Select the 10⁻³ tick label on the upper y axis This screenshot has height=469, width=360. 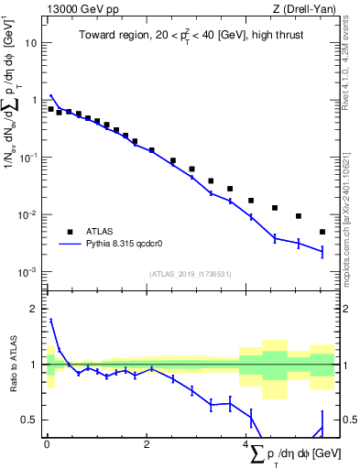pyautogui.click(x=29, y=272)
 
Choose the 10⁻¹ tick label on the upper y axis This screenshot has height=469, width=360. pyautogui.click(x=29, y=158)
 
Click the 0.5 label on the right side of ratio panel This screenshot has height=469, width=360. pyautogui.click(x=349, y=420)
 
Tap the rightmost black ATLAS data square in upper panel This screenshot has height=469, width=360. pyautogui.click(x=322, y=232)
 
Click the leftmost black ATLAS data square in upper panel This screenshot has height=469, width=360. pyautogui.click(x=50, y=109)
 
